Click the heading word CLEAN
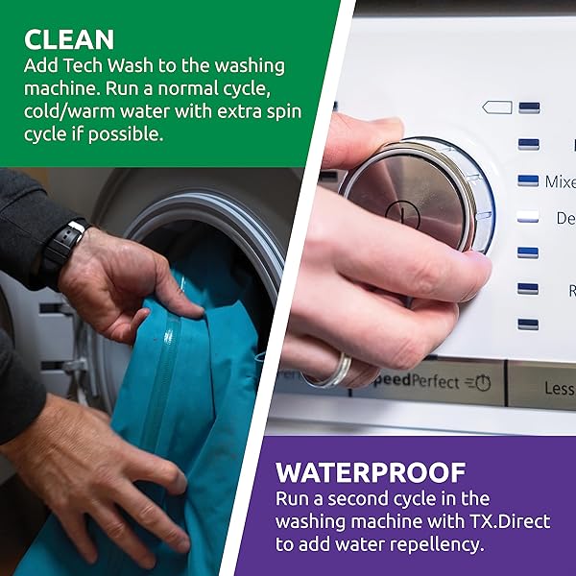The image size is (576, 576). tap(69, 39)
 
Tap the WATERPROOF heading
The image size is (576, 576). tap(371, 472)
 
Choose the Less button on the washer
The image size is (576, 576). tap(559, 387)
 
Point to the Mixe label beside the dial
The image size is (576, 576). tap(560, 181)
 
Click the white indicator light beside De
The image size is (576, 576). tap(528, 217)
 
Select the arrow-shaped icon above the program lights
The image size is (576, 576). tap(497, 108)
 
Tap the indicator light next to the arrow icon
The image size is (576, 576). tap(528, 108)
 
